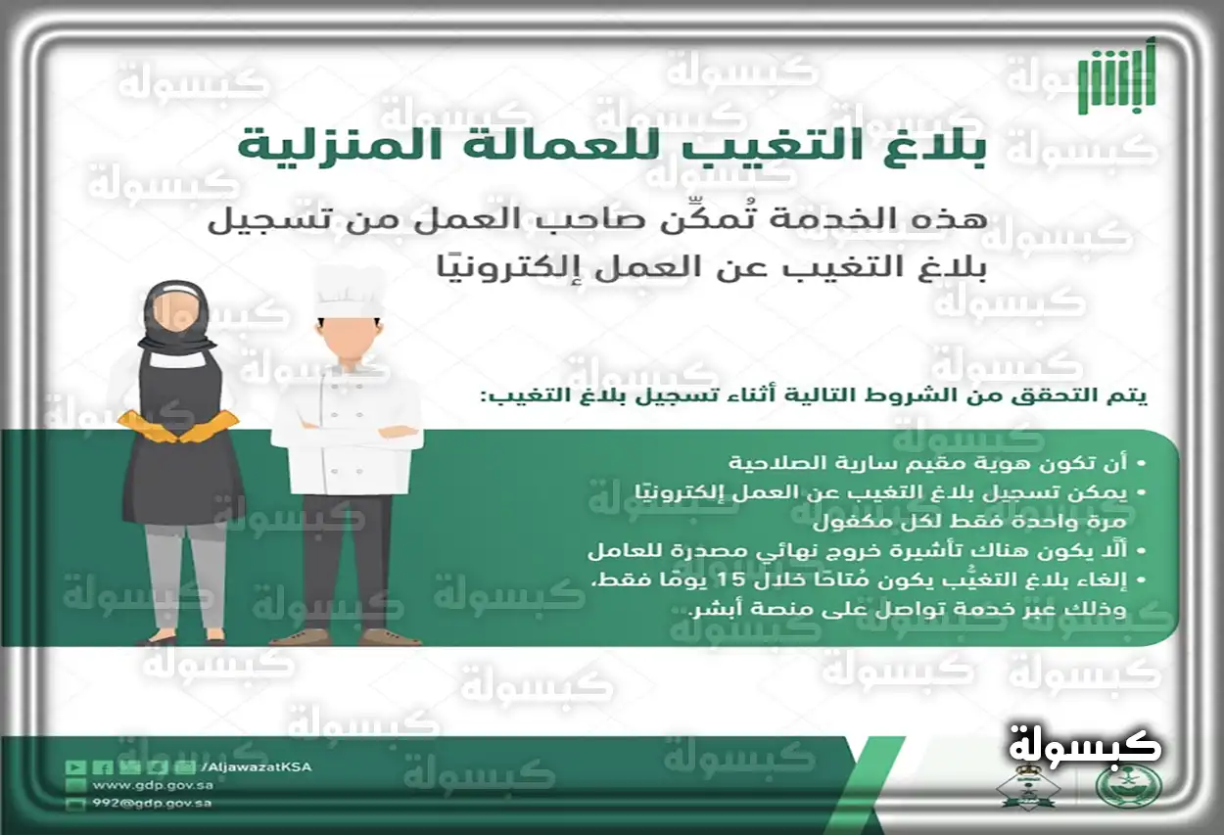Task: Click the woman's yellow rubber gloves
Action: point(179,425)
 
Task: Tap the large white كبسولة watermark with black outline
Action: point(1084,745)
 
